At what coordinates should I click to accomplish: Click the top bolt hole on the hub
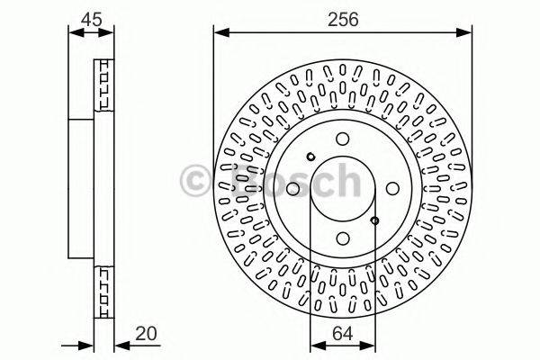tap(343, 139)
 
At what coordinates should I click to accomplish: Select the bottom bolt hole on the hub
tap(343, 238)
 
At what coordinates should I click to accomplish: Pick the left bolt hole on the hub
tap(293, 188)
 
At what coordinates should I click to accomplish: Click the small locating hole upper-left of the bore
tap(310, 157)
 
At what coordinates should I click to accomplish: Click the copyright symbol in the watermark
tap(197, 180)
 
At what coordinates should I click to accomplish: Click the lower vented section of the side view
tap(104, 289)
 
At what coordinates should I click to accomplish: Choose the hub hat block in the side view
tap(83, 189)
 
